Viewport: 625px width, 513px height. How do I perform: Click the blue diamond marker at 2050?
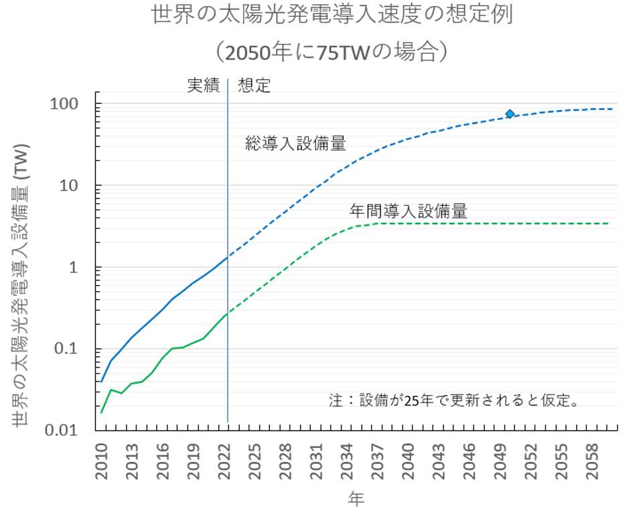click(510, 114)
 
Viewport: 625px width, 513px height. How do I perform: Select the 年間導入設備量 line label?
click(408, 211)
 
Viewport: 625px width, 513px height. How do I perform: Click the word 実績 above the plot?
click(203, 85)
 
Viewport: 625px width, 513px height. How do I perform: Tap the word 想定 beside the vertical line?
click(254, 85)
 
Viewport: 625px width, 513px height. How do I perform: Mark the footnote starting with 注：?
click(454, 401)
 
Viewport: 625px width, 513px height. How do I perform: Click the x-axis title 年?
click(356, 499)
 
